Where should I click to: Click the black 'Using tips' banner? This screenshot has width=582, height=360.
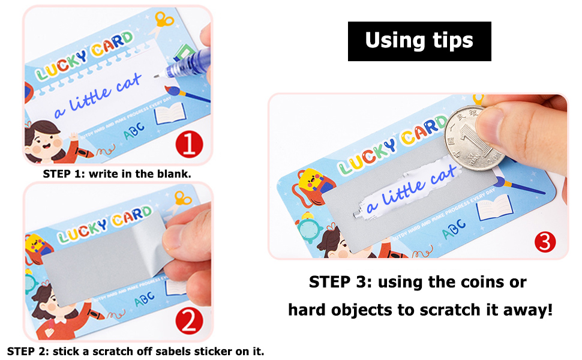click(x=419, y=41)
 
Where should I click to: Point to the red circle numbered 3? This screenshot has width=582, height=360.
click(x=545, y=242)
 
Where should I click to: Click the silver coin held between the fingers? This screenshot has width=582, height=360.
click(x=473, y=137)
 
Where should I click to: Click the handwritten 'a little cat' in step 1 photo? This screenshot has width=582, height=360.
click(x=98, y=97)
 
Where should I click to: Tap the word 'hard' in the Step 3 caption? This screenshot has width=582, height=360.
click(x=312, y=310)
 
